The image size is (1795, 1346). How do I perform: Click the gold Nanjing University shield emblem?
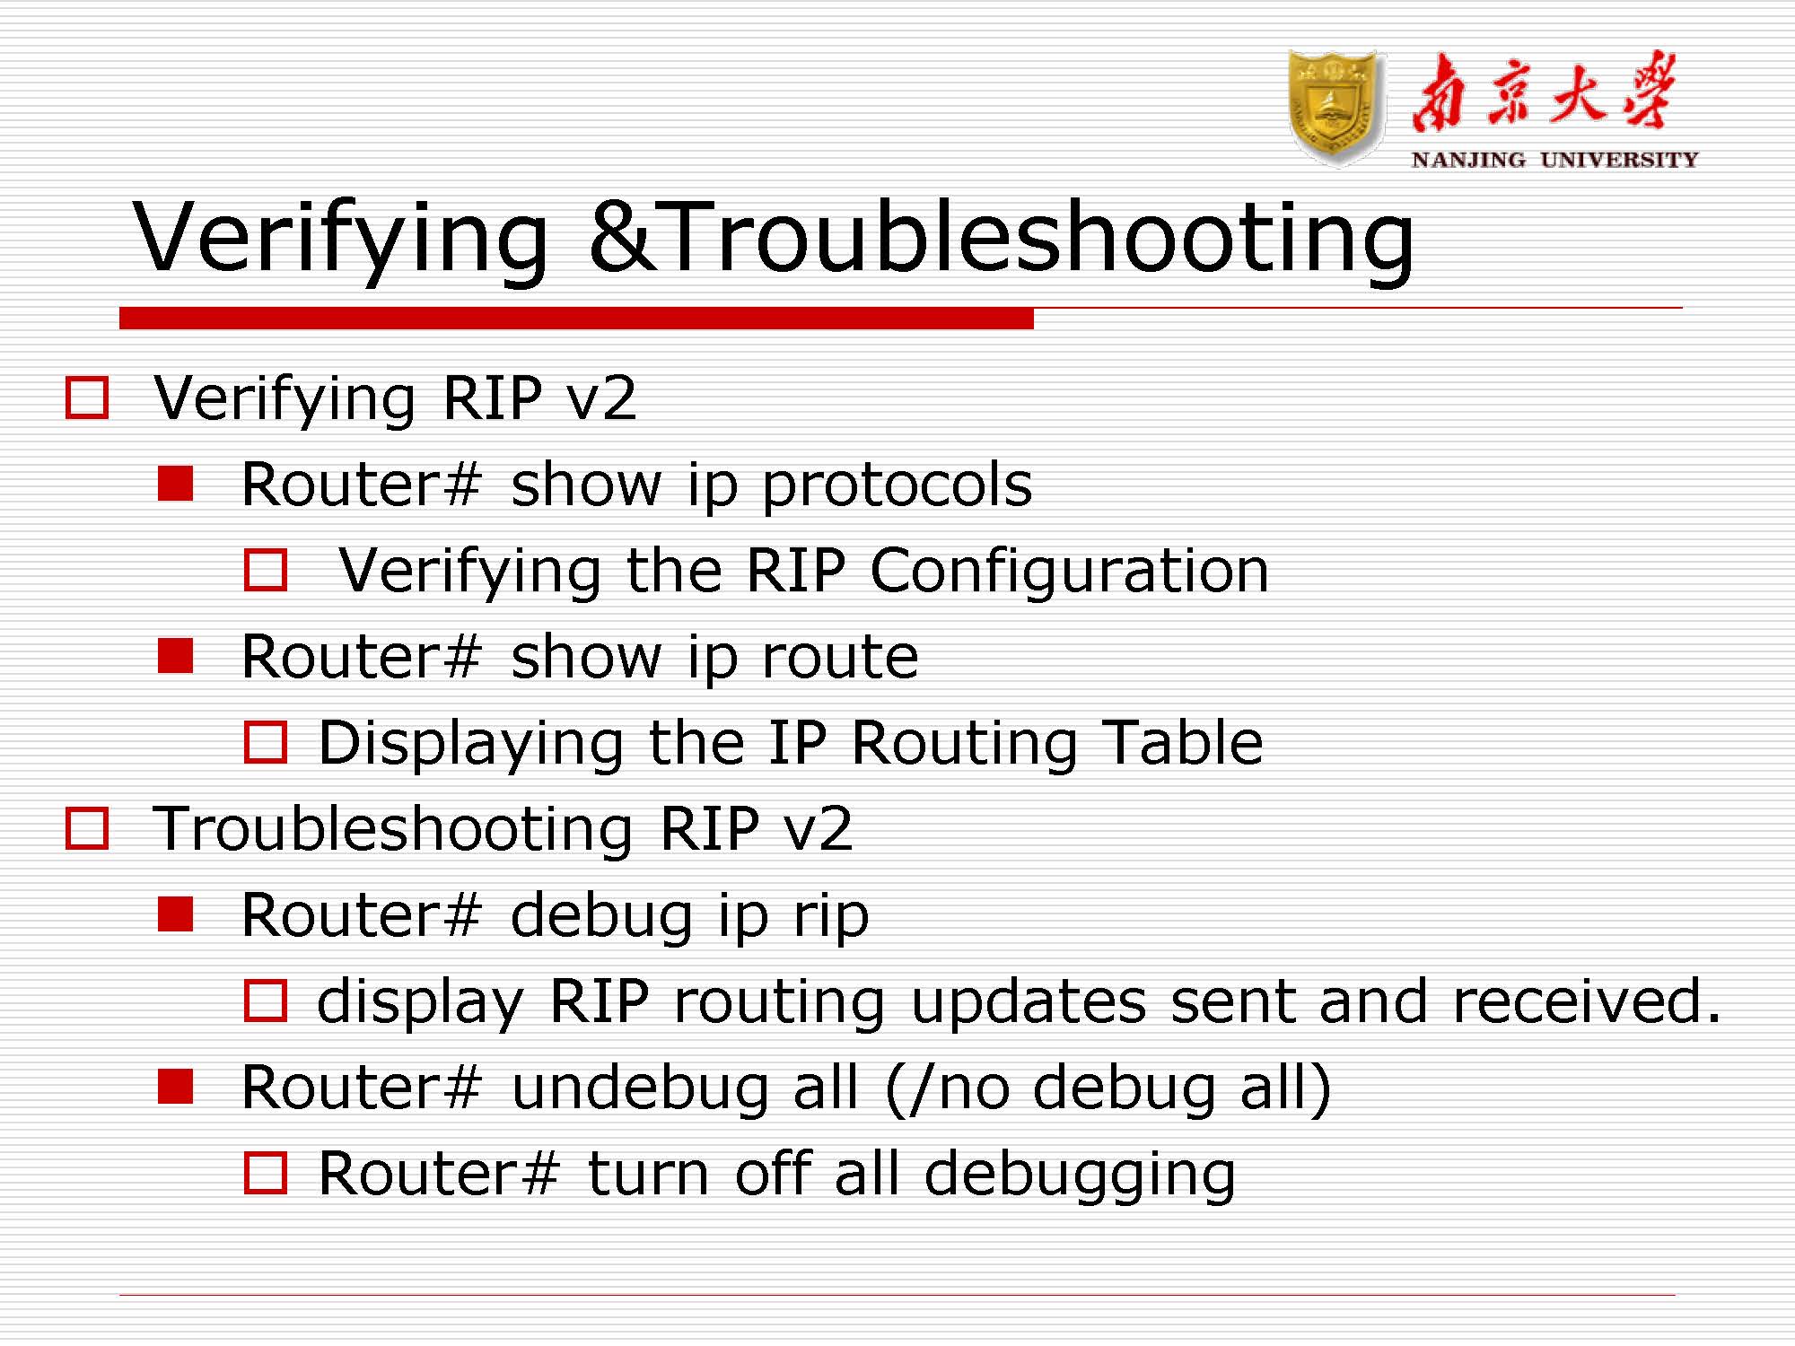coord(1334,108)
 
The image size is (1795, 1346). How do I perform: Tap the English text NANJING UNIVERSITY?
coord(1554,160)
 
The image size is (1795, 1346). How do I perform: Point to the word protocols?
coord(897,485)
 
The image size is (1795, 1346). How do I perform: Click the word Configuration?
coord(1069,571)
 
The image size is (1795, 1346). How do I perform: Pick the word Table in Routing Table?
coord(1183,743)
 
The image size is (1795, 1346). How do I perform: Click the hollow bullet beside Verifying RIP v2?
coord(87,398)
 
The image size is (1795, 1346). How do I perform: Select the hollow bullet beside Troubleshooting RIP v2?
coord(87,828)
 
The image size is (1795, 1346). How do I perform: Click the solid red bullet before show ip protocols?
coord(176,485)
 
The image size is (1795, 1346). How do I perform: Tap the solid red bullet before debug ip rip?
coord(176,914)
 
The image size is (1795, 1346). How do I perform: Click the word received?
coord(1585,1001)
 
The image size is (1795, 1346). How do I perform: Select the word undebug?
coord(640,1088)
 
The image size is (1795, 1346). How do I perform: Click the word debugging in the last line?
coord(1080,1175)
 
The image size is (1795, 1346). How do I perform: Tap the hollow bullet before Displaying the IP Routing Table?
coord(266,742)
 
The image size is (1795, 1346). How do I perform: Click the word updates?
coord(1029,1001)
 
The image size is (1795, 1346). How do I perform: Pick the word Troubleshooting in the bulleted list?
coord(393,828)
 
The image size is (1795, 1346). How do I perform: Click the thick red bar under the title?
coord(576,318)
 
